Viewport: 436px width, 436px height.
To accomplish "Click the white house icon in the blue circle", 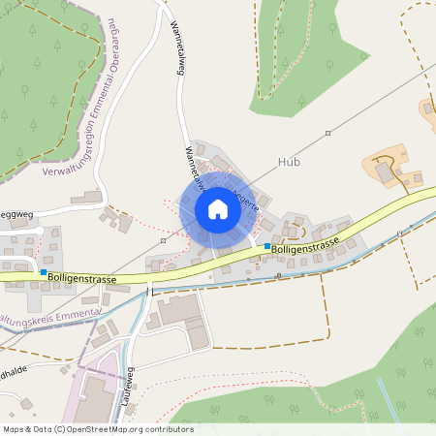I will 218,209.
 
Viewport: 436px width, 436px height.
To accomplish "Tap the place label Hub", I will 289,162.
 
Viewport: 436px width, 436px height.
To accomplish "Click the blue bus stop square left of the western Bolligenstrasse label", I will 43,273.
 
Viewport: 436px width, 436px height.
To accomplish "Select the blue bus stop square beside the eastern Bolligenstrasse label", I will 267,247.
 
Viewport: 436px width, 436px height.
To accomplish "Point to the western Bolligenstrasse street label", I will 84,279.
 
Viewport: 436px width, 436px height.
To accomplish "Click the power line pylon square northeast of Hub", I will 328,133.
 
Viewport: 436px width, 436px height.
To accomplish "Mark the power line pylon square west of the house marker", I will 164,240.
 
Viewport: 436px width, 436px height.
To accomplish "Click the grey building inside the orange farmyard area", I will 384,171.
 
